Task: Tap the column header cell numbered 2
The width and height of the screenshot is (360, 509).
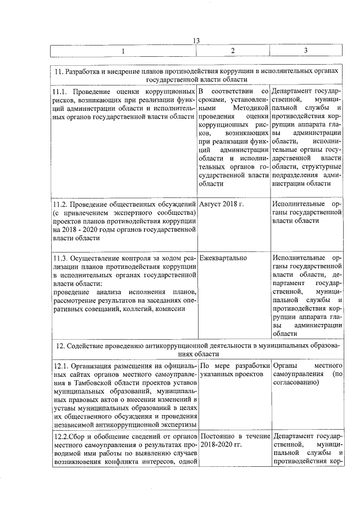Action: coord(232,51)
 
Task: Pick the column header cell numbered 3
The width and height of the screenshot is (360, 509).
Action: coord(305,51)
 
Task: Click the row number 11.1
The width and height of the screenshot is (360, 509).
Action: coord(60,91)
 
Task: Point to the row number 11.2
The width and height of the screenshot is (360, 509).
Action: coord(60,204)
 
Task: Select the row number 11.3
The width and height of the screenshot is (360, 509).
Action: coord(60,258)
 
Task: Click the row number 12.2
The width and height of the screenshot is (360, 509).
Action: coord(60,436)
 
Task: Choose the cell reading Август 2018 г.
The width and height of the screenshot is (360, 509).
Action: coord(221,204)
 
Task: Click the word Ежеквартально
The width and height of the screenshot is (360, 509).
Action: coord(223,258)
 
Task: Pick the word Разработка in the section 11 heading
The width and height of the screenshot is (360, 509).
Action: coord(84,71)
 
